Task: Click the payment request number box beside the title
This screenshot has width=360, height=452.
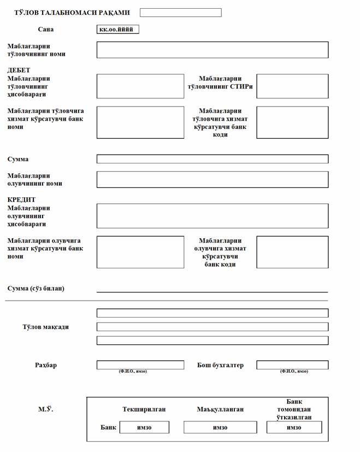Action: (x=180, y=13)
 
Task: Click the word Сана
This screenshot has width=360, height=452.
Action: (x=46, y=30)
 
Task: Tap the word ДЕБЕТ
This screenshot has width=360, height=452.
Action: (x=19, y=71)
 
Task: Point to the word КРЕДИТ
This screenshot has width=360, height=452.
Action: (x=21, y=200)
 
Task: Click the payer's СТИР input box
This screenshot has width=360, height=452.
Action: (x=292, y=86)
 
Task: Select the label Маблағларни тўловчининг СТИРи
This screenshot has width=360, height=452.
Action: (x=220, y=83)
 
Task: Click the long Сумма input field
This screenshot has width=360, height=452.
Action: (x=213, y=159)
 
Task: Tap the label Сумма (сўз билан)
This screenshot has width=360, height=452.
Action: (x=36, y=288)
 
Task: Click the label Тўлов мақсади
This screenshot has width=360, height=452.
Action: (x=45, y=327)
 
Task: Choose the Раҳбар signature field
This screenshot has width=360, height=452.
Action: (x=140, y=365)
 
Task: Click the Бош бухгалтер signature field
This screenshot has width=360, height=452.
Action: (x=292, y=365)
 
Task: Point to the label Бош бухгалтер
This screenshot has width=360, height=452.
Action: (x=220, y=365)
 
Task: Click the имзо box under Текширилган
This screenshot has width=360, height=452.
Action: (x=144, y=427)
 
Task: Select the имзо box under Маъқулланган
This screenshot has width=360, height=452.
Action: (x=220, y=427)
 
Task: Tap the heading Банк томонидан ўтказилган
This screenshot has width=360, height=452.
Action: (x=294, y=409)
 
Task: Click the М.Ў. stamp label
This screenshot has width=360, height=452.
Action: (x=45, y=409)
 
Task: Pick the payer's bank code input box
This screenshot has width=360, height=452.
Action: (x=292, y=122)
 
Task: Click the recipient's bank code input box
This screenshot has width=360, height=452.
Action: (x=292, y=252)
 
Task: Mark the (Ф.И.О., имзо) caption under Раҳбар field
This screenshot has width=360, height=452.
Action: (x=133, y=372)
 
